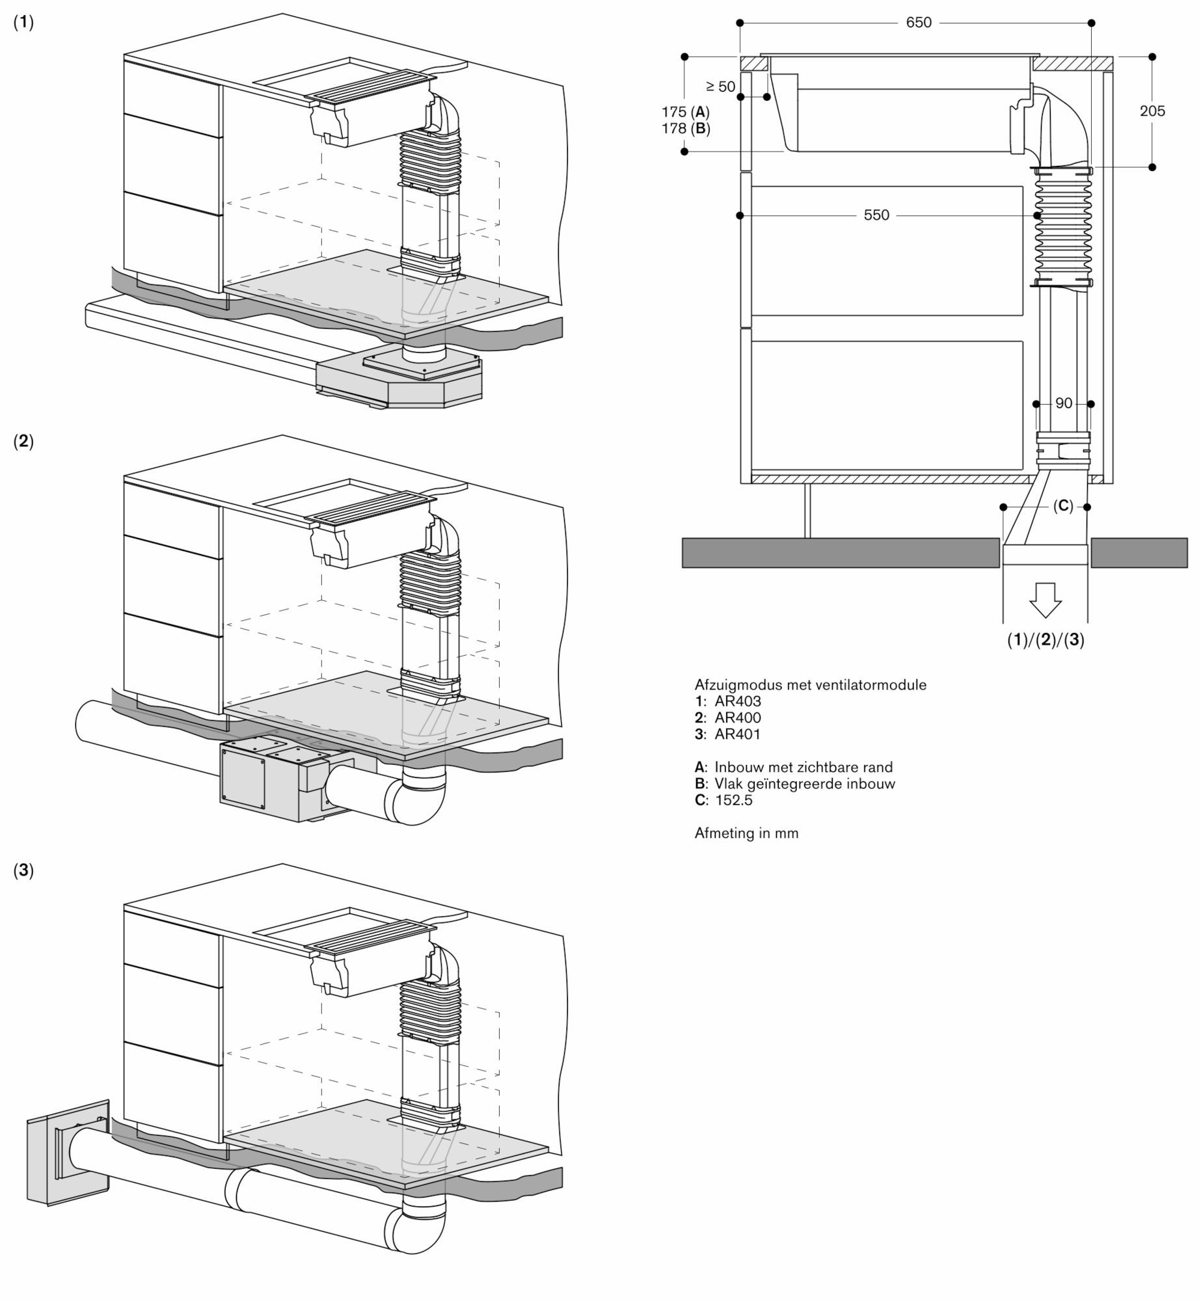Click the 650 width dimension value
[x=918, y=23]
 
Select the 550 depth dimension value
[x=876, y=215]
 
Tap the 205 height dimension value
[x=1152, y=111]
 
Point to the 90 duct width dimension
[x=1063, y=404]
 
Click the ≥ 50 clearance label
[x=720, y=87]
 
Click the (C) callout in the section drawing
[x=1062, y=506]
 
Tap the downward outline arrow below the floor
[x=1046, y=600]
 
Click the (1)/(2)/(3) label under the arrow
[x=1046, y=640]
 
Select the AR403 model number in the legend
[x=737, y=701]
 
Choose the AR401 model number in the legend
[x=737, y=734]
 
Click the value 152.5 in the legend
[x=733, y=800]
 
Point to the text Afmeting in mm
[x=746, y=833]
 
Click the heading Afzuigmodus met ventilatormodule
[x=810, y=684]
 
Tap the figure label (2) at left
[x=23, y=441]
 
